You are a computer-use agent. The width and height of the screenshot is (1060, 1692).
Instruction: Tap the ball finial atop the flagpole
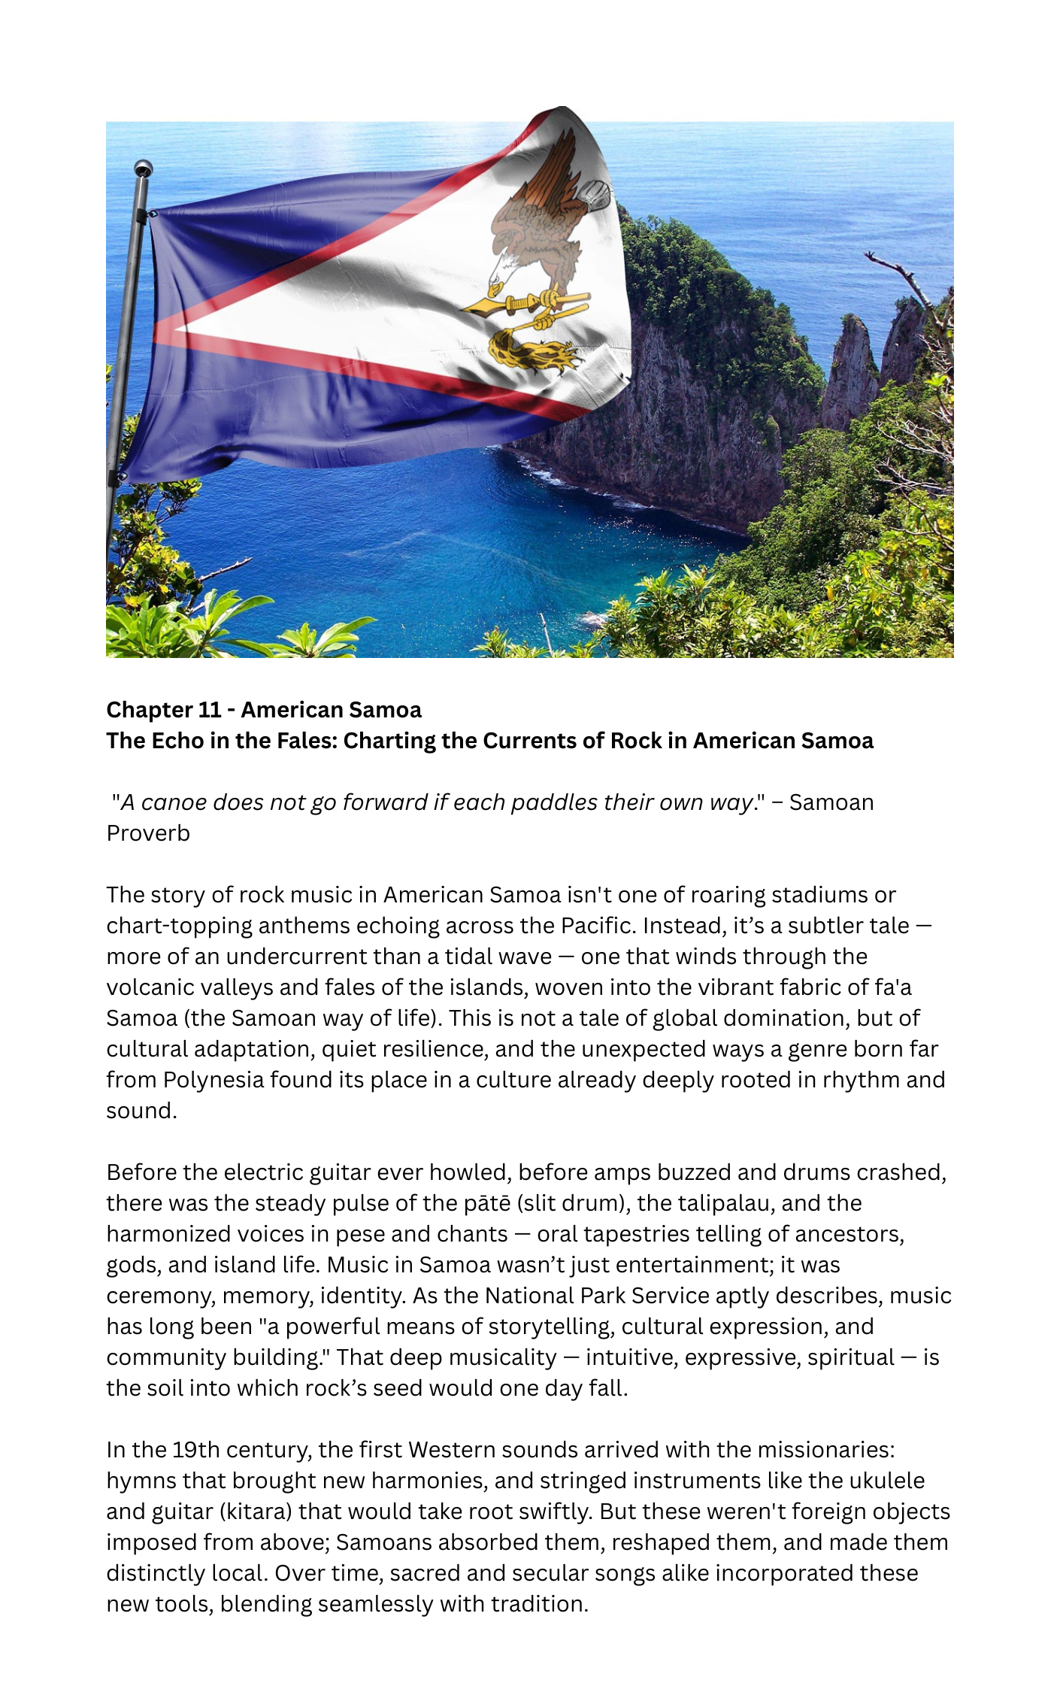point(143,168)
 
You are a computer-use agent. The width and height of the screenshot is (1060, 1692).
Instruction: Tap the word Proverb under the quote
point(148,833)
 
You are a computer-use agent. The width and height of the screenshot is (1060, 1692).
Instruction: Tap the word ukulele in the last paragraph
point(887,1481)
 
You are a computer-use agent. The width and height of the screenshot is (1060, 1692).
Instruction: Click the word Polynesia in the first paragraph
point(214,1080)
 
